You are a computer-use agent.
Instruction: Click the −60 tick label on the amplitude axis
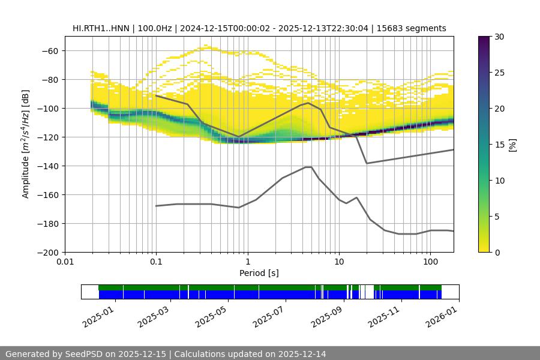pyautogui.click(x=50, y=50)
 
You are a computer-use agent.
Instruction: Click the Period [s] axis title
pyautogui.click(x=259, y=273)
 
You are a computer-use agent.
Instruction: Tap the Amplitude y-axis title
pyautogui.click(x=25, y=144)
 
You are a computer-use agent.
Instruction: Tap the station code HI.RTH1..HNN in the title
pyautogui.click(x=100, y=28)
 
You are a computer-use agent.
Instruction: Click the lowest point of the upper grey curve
pyautogui.click(x=367, y=163)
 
